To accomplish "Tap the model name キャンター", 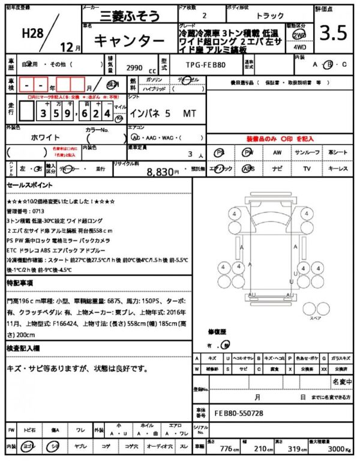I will click(128, 41).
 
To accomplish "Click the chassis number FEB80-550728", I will click(238, 414).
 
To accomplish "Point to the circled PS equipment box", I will click(220, 153).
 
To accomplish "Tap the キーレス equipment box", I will click(338, 169).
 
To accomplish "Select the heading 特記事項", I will click(20, 282).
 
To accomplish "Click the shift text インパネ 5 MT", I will click(163, 112).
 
